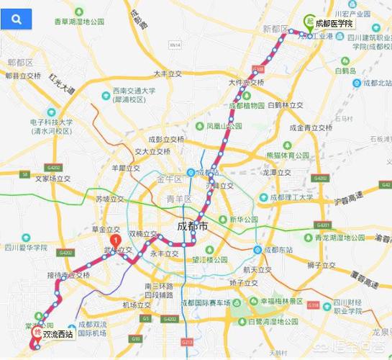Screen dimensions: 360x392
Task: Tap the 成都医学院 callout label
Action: point(337,23)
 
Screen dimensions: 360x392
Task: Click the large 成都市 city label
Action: point(192,227)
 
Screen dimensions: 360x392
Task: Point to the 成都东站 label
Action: point(278,250)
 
